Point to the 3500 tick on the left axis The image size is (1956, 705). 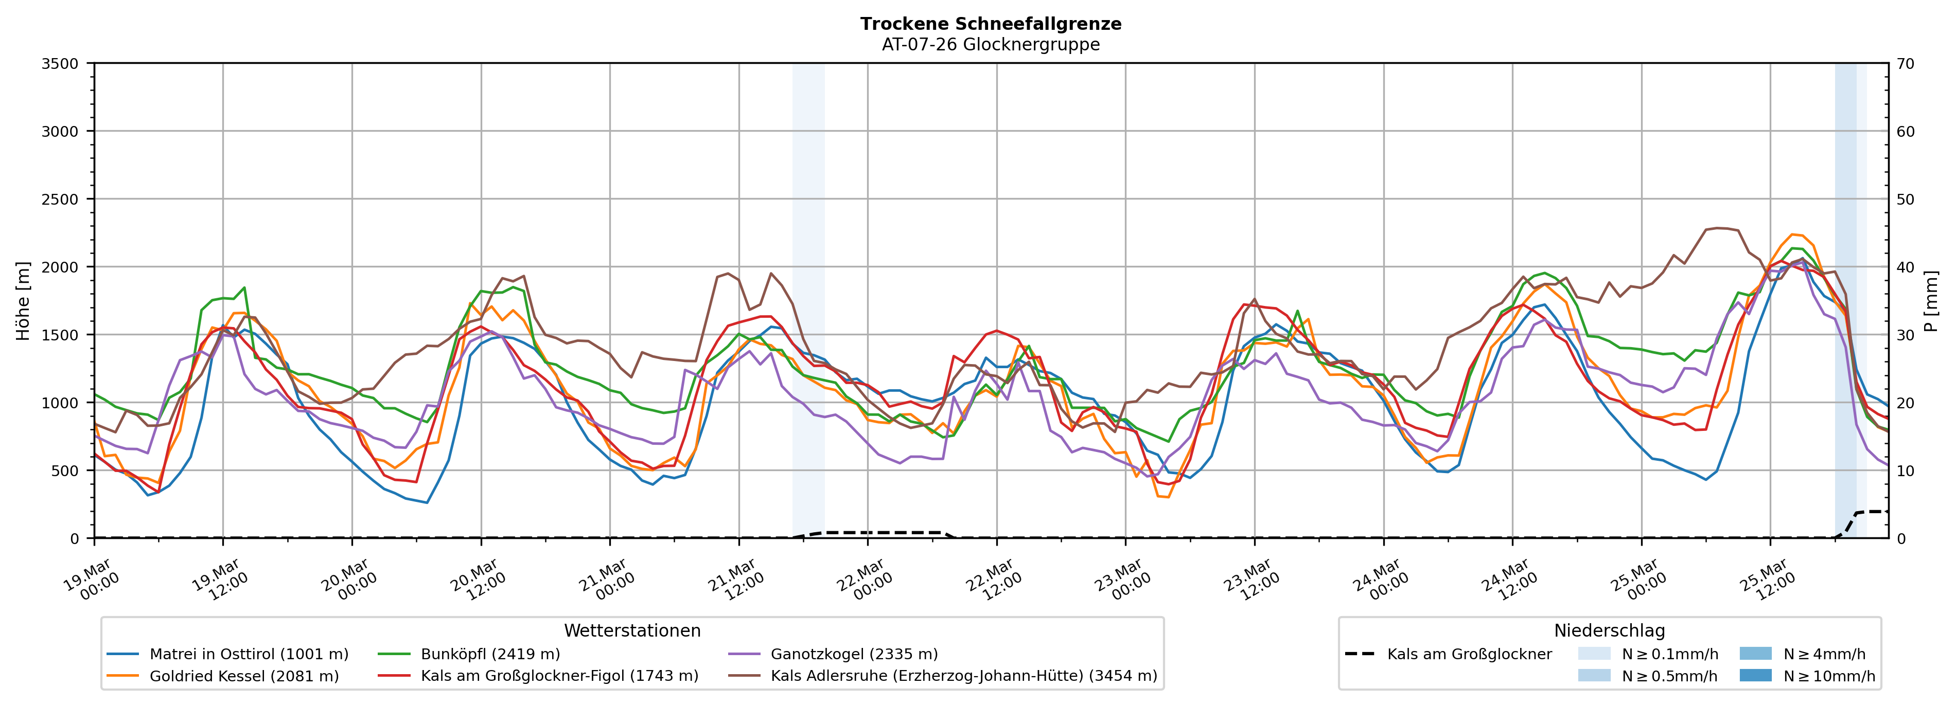pyautogui.click(x=60, y=64)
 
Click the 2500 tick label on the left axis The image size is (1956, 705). pyautogui.click(x=60, y=200)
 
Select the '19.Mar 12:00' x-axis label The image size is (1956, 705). pyautogui.click(x=219, y=581)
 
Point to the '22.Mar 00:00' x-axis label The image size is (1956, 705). pyautogui.click(x=864, y=581)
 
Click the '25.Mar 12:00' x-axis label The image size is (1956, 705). pyautogui.click(x=1767, y=581)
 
